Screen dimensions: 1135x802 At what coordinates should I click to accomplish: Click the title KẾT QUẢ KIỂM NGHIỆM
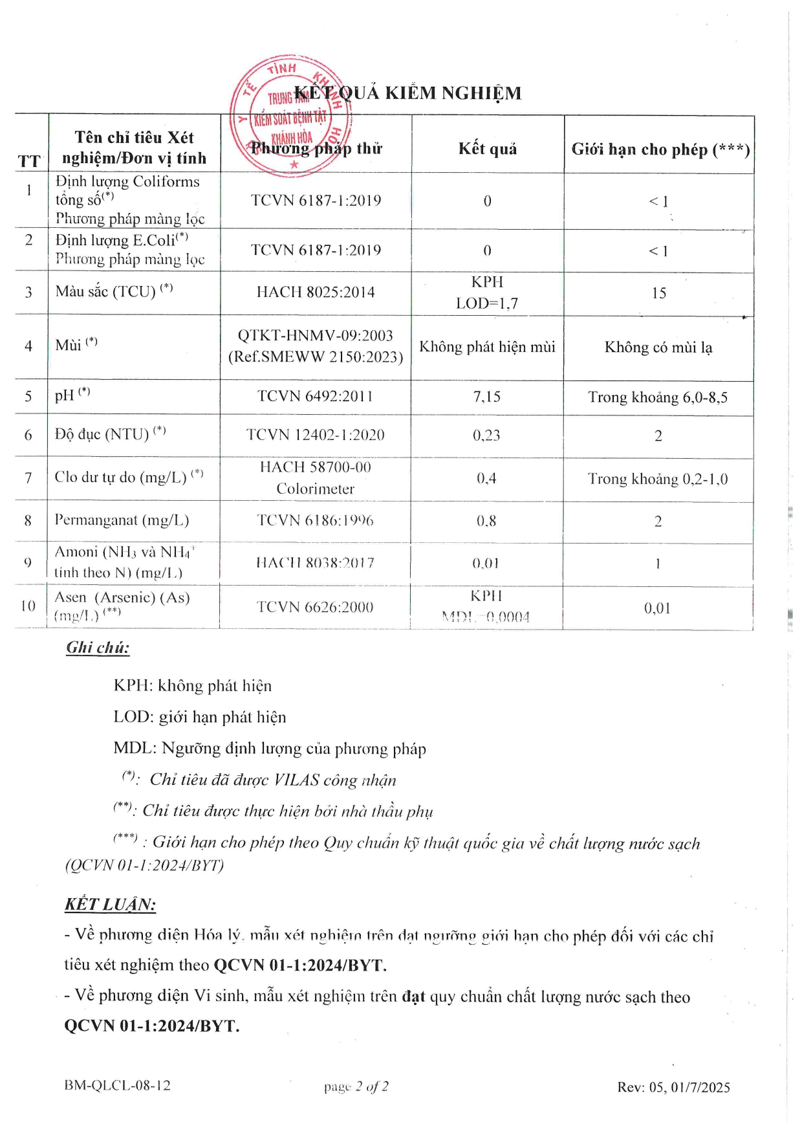(x=407, y=93)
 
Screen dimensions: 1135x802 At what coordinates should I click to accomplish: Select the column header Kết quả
(x=488, y=149)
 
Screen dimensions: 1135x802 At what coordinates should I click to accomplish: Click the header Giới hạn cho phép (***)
(x=660, y=149)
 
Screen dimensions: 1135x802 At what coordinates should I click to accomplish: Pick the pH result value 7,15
(x=487, y=397)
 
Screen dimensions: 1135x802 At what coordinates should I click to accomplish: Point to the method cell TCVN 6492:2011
(x=315, y=396)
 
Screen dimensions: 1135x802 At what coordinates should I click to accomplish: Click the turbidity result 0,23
(x=486, y=435)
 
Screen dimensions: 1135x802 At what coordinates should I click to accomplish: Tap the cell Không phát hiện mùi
(x=487, y=347)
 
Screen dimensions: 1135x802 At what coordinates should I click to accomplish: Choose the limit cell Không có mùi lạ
(x=658, y=347)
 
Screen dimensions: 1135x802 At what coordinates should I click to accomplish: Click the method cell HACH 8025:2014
(x=316, y=292)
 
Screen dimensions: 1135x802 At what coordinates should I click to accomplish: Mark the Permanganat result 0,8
(x=486, y=521)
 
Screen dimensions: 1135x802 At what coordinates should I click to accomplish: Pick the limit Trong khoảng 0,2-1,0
(x=658, y=479)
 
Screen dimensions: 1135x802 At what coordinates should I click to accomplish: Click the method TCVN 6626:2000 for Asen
(x=315, y=607)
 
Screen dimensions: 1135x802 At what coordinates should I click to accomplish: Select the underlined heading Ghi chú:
(x=98, y=648)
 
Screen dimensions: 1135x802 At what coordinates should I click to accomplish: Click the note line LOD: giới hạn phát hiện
(x=199, y=717)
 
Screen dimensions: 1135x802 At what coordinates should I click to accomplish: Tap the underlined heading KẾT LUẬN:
(x=110, y=904)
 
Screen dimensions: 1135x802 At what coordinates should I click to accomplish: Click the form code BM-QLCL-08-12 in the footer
(x=117, y=1085)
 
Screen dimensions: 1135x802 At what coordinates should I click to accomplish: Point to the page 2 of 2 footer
(x=356, y=1086)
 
